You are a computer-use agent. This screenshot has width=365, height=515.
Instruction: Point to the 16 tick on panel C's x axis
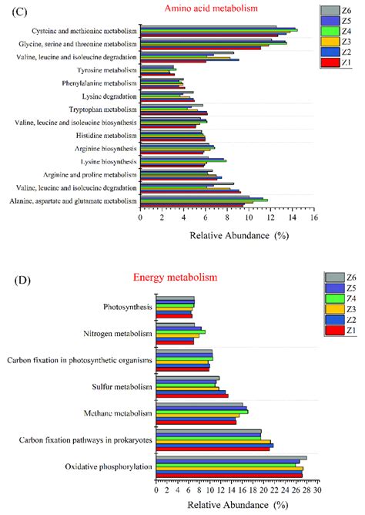(314, 217)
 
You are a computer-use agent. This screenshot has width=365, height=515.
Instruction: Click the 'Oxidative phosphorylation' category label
(108, 466)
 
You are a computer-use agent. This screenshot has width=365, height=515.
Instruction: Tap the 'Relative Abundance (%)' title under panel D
(238, 505)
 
